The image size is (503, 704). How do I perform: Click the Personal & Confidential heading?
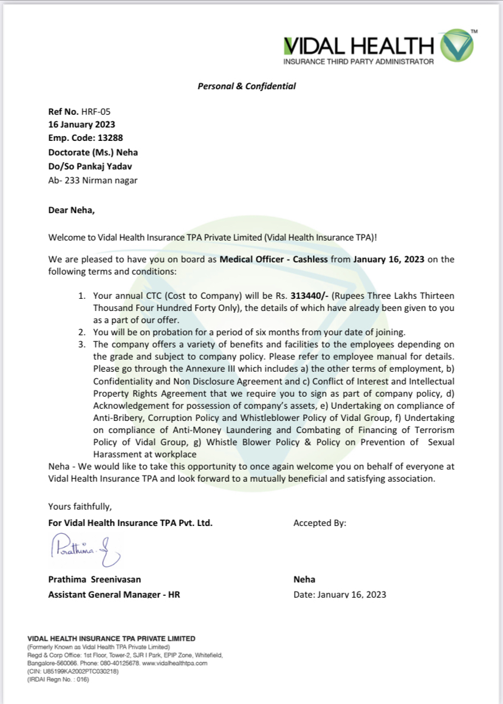247,86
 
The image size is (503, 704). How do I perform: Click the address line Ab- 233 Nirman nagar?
92,180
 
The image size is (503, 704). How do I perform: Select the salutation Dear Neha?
72,211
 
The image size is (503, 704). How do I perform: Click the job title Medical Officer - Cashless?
273,259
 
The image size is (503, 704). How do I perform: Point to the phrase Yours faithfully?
80,506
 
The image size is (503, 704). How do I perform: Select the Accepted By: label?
320,522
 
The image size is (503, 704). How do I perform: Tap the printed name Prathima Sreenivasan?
94,579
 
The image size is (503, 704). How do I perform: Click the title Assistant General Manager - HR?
114,594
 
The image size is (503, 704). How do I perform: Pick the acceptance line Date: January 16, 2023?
340,594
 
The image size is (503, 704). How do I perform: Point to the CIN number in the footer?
74,671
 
